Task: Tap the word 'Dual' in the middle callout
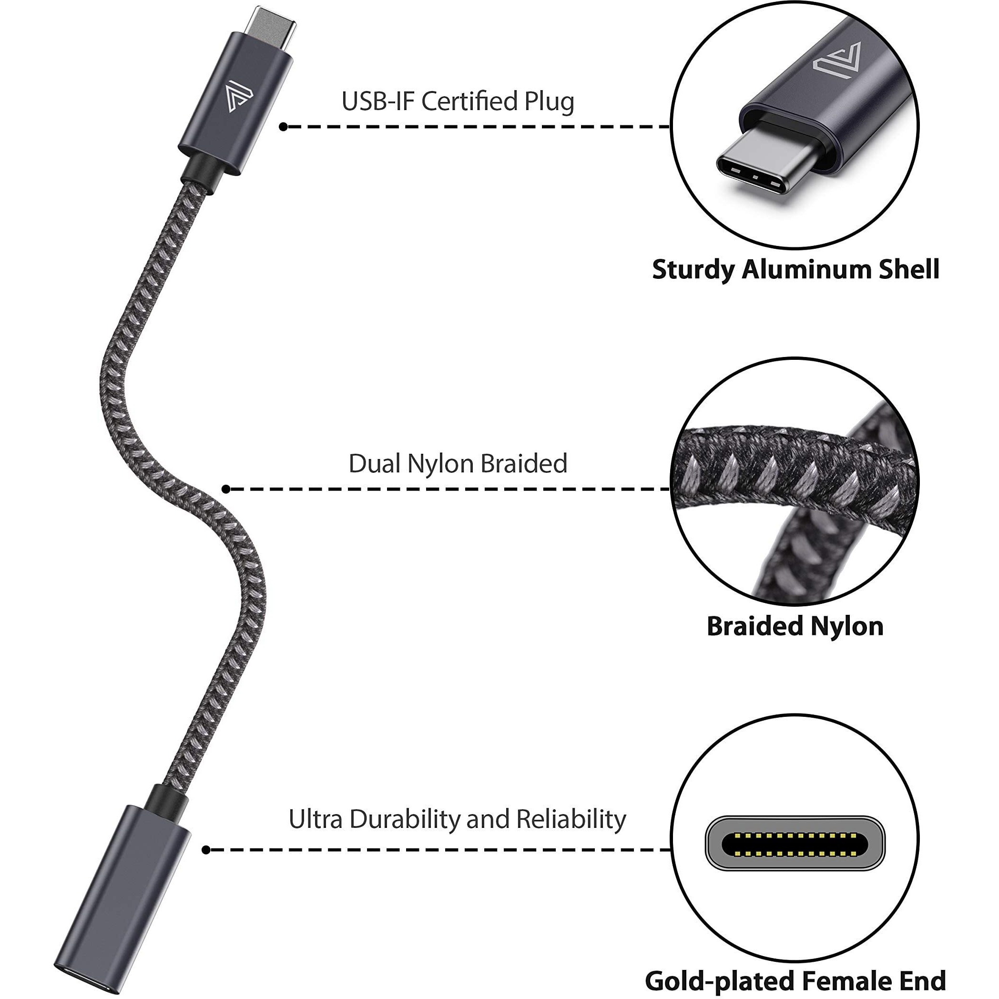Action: click(x=374, y=463)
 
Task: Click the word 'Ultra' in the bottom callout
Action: click(x=316, y=820)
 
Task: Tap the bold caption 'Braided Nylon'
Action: click(x=795, y=626)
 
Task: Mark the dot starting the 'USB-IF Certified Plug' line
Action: click(x=283, y=127)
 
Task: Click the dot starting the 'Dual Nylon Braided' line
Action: click(x=225, y=489)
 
